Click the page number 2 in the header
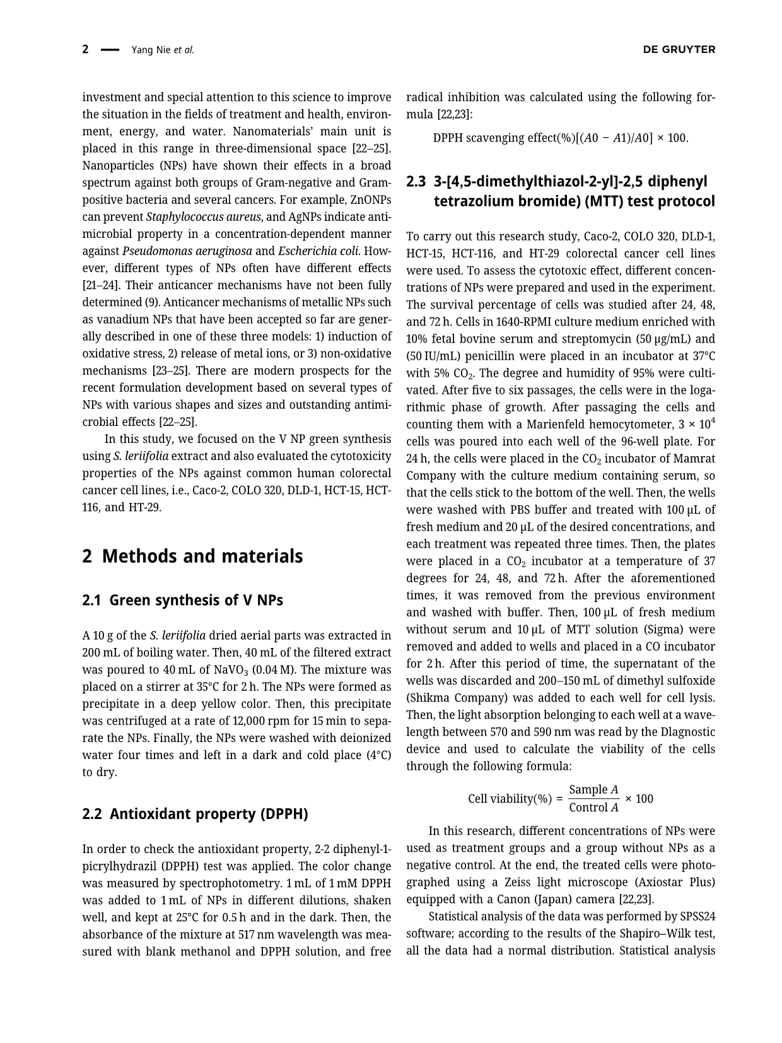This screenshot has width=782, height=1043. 85,50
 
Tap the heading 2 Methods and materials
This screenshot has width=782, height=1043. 192,557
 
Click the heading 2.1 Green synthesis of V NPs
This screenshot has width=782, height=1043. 182,601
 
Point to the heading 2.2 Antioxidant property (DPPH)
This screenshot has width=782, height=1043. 195,814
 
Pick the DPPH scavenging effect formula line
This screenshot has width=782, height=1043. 561,138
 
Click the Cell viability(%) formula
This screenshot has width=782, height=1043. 561,799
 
